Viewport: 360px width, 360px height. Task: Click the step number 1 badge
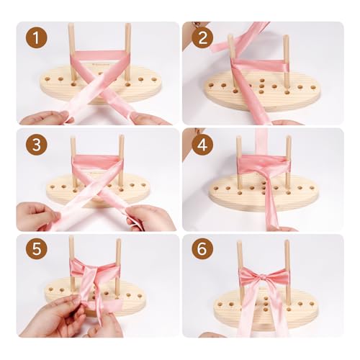point(36,37)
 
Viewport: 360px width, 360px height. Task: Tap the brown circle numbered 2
point(202,37)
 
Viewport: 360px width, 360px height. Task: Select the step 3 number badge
point(36,145)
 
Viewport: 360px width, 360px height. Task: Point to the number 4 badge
point(202,145)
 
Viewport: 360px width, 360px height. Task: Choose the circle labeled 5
point(36,248)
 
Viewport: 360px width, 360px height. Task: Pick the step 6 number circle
point(202,248)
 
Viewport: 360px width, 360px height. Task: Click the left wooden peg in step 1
point(72,52)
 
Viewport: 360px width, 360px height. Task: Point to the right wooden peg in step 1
point(127,52)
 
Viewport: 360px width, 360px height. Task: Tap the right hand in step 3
point(150,218)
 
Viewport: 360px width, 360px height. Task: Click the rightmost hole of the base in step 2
point(312,87)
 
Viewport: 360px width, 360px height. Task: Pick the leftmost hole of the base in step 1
point(48,79)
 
